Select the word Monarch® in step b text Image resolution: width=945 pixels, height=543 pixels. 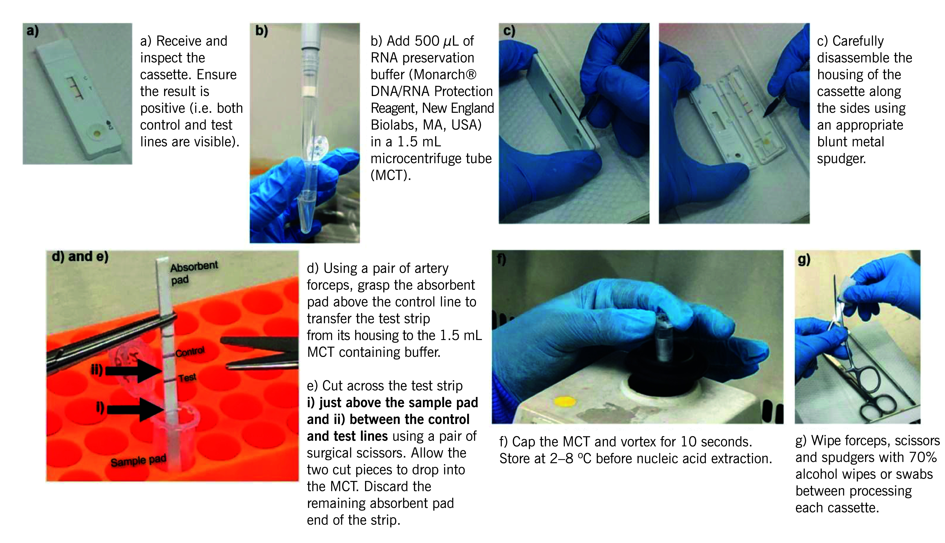pos(445,75)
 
